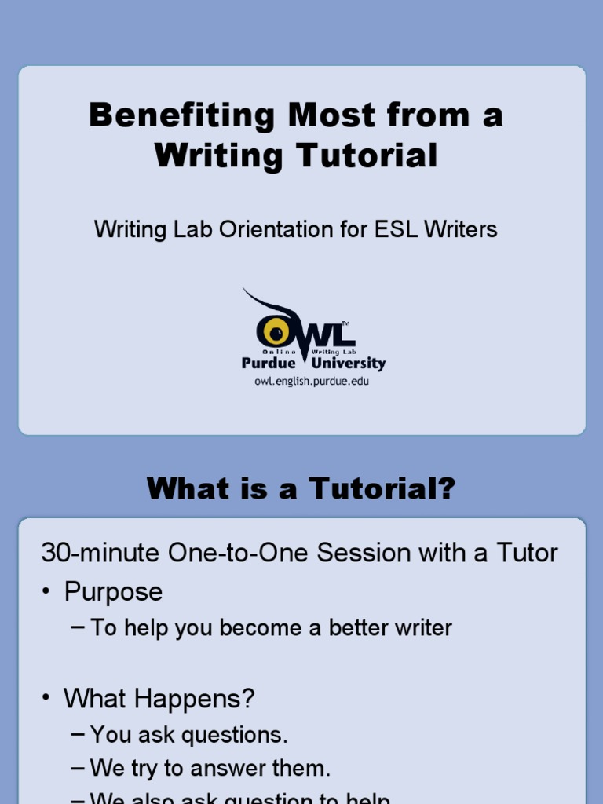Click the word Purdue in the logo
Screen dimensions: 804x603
(269, 364)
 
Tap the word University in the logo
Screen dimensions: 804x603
(349, 364)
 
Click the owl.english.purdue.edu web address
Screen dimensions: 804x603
(311, 381)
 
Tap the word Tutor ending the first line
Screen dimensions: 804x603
(526, 553)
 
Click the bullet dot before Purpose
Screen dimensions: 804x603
(47, 592)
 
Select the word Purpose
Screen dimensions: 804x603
(113, 591)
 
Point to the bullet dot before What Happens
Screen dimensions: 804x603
(47, 698)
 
